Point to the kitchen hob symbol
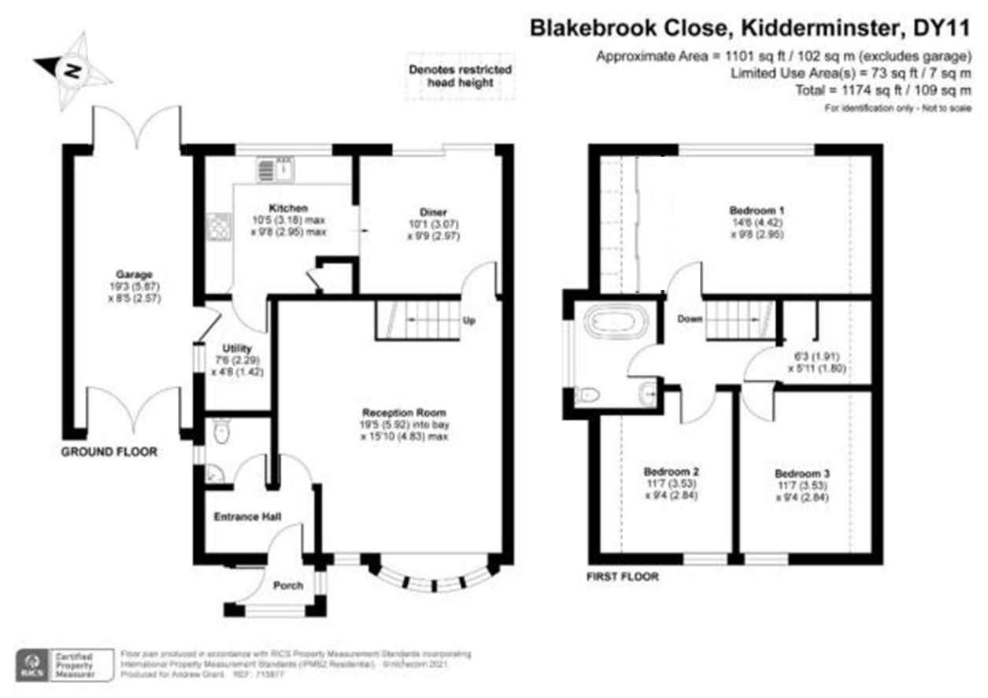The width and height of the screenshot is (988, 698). (217, 227)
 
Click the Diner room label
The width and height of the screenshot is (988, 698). (433, 212)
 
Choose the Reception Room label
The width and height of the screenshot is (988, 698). (404, 412)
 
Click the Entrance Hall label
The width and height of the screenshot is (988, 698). (248, 517)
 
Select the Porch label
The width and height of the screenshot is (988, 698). (287, 585)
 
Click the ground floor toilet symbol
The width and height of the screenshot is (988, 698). (220, 431)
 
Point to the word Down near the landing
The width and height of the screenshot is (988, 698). (690, 319)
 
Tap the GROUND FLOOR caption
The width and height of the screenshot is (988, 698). (109, 452)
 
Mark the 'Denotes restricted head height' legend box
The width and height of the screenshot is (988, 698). (460, 76)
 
